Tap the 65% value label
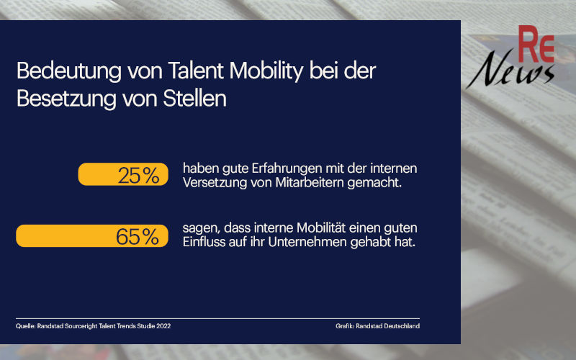tap(138, 236)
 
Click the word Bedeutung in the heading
tap(63, 73)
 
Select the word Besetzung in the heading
tap(60, 98)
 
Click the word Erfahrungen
tap(266, 168)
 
